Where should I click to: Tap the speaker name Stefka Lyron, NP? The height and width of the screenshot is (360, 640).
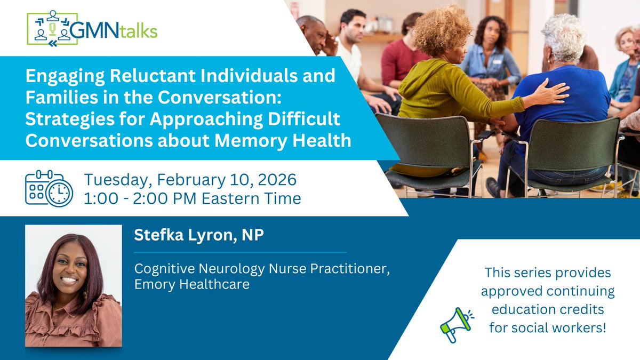tap(199, 235)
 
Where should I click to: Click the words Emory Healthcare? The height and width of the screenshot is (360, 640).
tap(191, 285)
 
